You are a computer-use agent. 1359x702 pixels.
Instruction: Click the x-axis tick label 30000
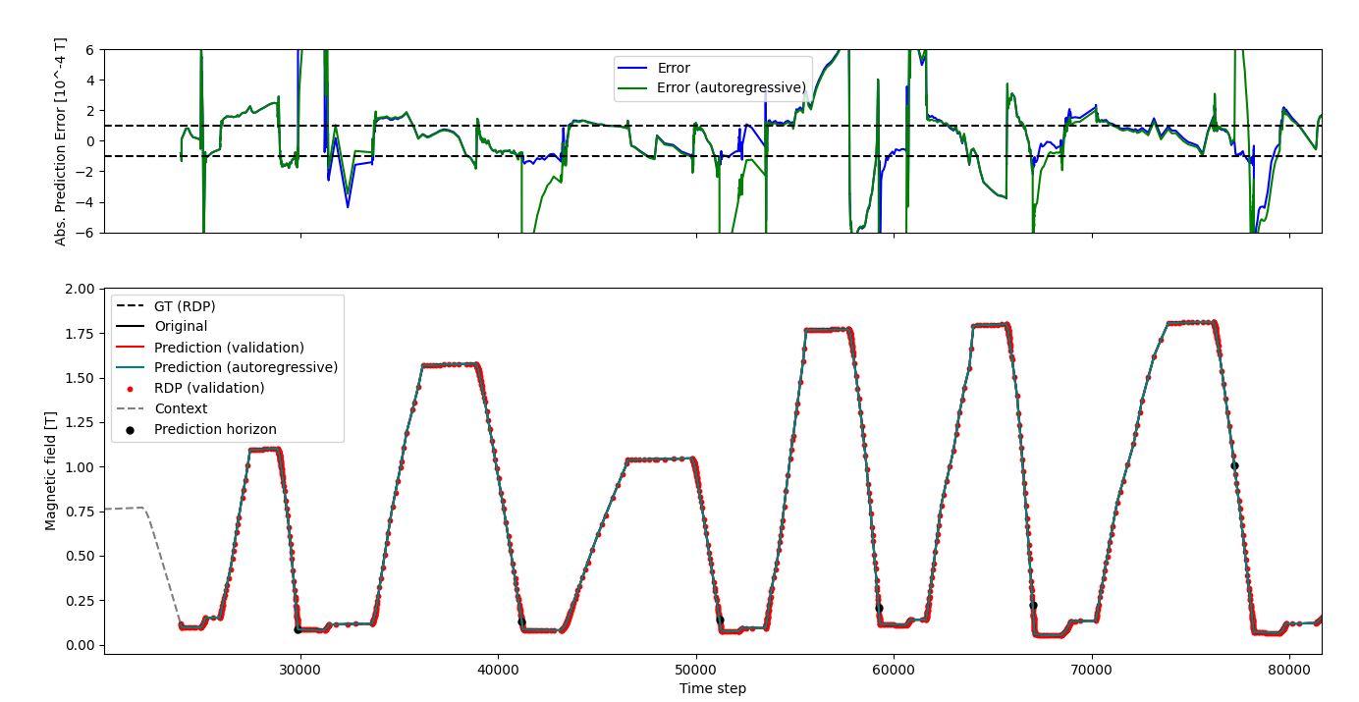point(300,669)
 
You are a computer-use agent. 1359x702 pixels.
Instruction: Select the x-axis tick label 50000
point(696,669)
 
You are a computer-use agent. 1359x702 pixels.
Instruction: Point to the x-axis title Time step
point(712,688)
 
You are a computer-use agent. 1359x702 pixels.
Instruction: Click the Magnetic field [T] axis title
point(52,471)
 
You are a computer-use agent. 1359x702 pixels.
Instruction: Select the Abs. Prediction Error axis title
point(61,141)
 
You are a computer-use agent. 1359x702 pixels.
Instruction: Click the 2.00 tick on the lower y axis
point(80,289)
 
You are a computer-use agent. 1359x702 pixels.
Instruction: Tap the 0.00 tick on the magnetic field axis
point(80,645)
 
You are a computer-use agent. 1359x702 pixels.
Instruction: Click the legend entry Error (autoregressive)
point(732,88)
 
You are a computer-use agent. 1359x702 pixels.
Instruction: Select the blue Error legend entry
point(674,69)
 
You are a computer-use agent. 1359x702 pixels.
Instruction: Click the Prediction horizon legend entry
point(215,429)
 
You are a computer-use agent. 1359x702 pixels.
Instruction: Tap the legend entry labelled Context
point(181,408)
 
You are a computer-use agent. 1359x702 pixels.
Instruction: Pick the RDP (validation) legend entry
point(209,388)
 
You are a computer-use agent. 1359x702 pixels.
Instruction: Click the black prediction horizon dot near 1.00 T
point(1234,465)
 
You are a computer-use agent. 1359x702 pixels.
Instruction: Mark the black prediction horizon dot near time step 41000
point(521,621)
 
